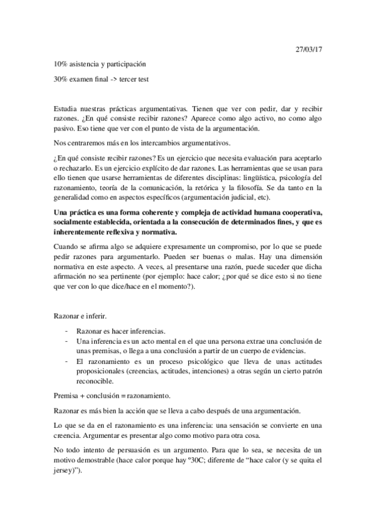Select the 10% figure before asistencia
[x=61, y=64]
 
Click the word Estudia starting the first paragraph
[x=66, y=109]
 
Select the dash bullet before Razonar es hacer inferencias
[x=68, y=331]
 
